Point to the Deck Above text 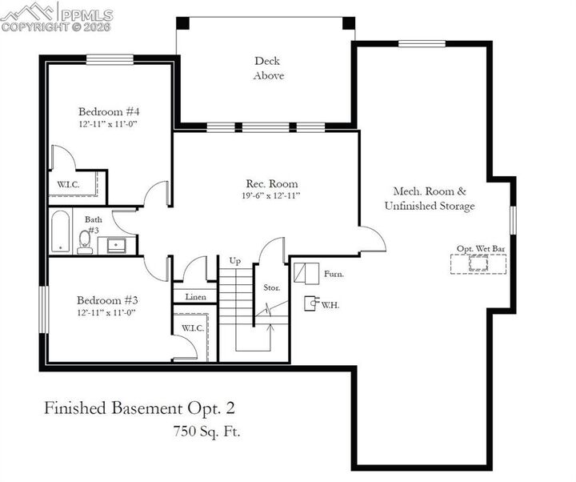pos(269,68)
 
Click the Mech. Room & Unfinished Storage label pos(430,199)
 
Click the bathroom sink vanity pos(117,244)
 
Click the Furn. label pos(334,274)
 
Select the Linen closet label pos(195,297)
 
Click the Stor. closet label pos(271,287)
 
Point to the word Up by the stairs pos(234,261)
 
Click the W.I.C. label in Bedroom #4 pos(68,184)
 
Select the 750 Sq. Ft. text pos(206,431)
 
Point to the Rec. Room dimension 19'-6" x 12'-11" pos(270,195)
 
